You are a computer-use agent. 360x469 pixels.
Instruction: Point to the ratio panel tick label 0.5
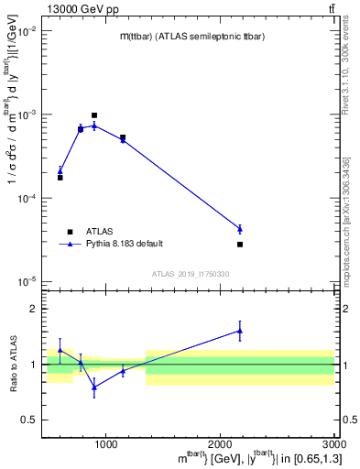tap(31, 420)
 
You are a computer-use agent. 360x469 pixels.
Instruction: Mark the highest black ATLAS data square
tap(94, 115)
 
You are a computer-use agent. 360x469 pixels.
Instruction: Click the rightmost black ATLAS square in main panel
tap(240, 245)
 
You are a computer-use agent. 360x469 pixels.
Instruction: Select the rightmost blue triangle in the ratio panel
tap(240, 331)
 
